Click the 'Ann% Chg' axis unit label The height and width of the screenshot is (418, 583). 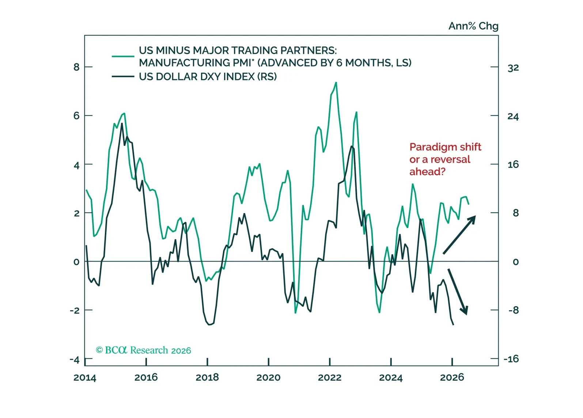click(x=473, y=26)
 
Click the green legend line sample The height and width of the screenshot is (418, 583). click(x=123, y=56)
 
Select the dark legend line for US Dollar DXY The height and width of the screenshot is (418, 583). click(x=123, y=76)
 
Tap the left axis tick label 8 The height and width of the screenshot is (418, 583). click(x=76, y=67)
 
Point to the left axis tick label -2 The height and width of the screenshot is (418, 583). click(x=75, y=310)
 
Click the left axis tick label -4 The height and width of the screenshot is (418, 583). click(x=75, y=360)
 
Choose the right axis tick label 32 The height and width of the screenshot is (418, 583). click(x=513, y=68)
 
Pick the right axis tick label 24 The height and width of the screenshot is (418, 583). click(x=513, y=116)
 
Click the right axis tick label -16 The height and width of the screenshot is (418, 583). click(x=511, y=359)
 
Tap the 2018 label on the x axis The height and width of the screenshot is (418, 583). click(x=207, y=377)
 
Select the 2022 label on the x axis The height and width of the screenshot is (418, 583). click(x=330, y=377)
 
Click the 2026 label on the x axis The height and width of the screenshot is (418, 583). click(x=452, y=377)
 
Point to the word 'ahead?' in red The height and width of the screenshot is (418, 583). click(x=427, y=171)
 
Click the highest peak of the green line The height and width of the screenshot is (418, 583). click(x=336, y=83)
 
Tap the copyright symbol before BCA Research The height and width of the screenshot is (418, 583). click(x=99, y=350)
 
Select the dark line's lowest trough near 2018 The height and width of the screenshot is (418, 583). click(x=209, y=324)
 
